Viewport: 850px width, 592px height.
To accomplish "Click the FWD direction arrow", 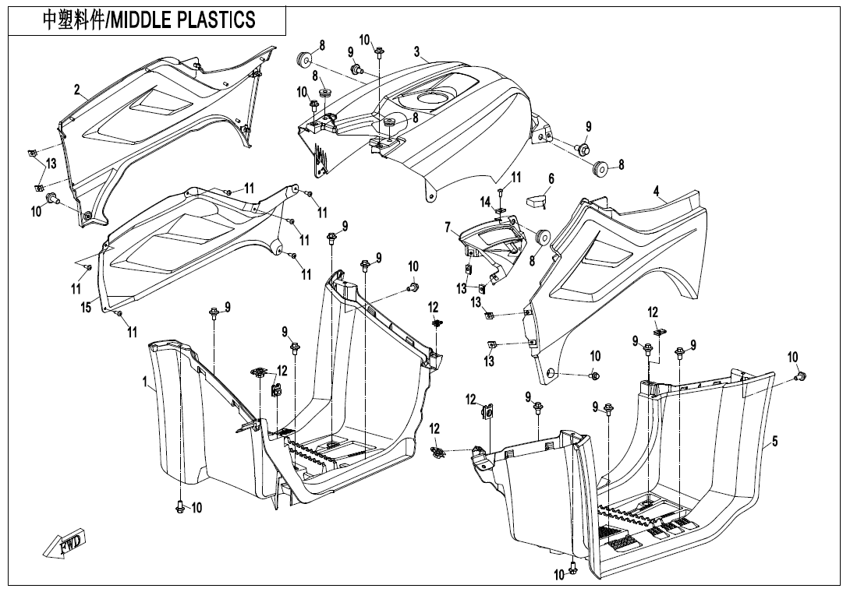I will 65,543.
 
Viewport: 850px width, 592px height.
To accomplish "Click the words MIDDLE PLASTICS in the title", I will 184,19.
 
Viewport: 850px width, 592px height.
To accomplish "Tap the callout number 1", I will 145,382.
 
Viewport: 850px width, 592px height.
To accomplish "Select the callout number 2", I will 77,90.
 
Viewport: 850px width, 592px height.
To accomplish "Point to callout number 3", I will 417,52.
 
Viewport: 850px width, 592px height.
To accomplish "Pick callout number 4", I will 657,191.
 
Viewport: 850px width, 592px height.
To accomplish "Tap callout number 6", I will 551,179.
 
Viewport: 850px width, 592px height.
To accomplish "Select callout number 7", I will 448,227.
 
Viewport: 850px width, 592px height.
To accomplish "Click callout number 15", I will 86,307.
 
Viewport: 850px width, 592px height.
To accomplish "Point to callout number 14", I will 485,203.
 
